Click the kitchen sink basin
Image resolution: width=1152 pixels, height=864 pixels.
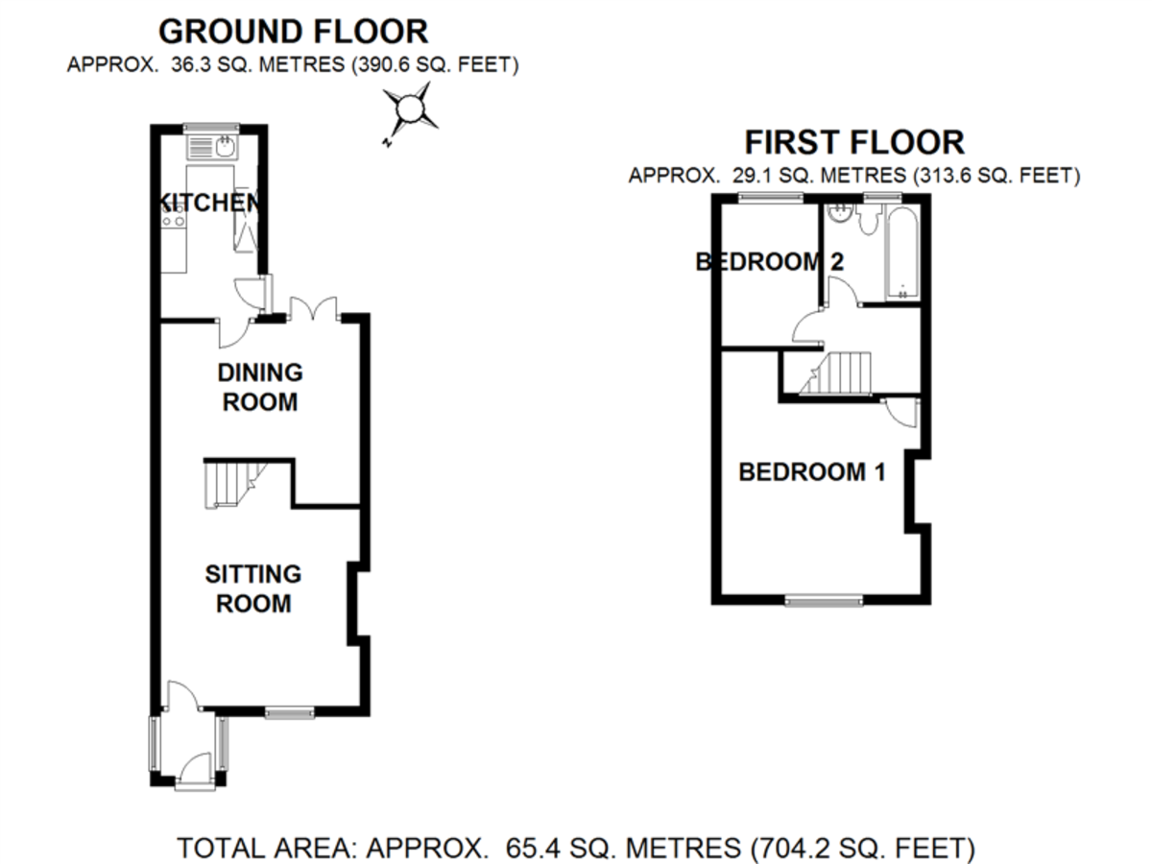coord(226,147)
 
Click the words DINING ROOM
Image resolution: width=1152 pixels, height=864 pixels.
coord(260,387)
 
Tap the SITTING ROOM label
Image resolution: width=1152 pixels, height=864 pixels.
coord(252,588)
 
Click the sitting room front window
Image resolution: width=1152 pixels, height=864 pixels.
coord(290,712)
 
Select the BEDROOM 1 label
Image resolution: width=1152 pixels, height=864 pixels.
coord(811,472)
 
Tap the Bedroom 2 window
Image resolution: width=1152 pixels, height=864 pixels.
coord(769,198)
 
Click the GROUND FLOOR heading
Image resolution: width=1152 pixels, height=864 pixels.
coord(293,32)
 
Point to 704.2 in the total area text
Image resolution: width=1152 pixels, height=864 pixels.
coord(790,849)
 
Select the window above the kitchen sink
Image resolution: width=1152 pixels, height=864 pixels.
coord(211,128)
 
